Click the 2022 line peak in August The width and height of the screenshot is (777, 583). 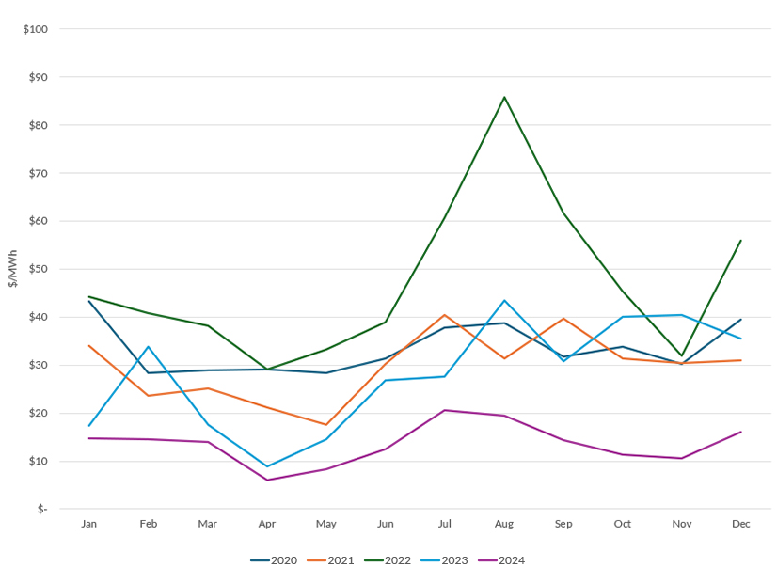(504, 97)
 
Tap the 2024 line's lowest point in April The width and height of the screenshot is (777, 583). (267, 481)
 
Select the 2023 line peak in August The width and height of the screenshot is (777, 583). (504, 301)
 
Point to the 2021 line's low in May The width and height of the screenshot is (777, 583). (326, 425)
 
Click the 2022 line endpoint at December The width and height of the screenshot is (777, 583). (741, 240)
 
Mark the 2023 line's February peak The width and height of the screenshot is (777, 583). (149, 347)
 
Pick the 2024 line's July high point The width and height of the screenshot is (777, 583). (445, 410)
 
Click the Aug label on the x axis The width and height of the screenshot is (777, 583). (504, 524)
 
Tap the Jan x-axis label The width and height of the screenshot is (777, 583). (89, 524)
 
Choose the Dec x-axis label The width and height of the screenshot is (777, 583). (741, 524)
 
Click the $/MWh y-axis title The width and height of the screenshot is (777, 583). (12, 268)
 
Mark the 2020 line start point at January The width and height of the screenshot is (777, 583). (89, 301)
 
